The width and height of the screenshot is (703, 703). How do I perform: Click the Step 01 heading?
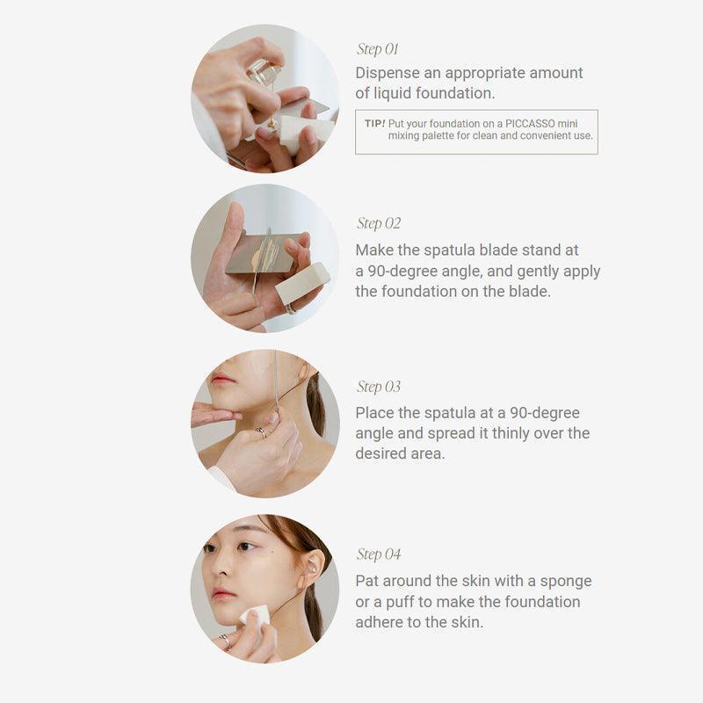tap(378, 49)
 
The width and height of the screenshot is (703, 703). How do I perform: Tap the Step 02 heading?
tap(379, 223)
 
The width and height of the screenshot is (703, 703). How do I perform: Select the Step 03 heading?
tap(379, 387)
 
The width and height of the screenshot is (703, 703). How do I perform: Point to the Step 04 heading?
tap(379, 554)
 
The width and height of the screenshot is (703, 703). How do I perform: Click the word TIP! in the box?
tap(375, 123)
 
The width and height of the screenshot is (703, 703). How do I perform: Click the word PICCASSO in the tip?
tap(530, 123)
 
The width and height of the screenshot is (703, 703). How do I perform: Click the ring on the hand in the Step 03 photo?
tap(261, 432)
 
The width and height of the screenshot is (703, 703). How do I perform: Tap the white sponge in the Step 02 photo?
tap(301, 282)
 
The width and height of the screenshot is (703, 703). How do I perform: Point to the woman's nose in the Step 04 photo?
tap(220, 566)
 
